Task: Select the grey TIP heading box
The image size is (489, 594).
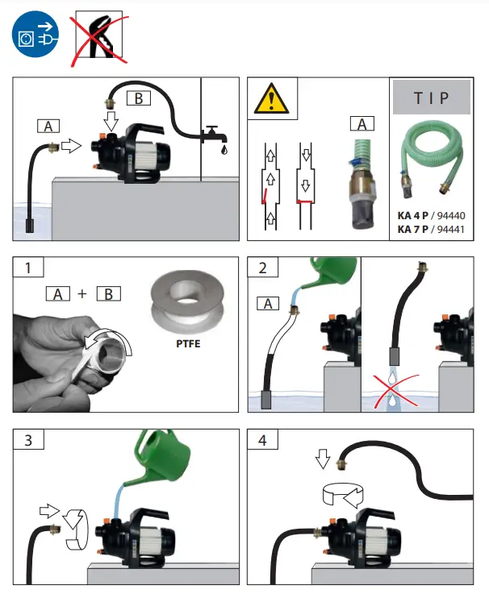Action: (x=432, y=98)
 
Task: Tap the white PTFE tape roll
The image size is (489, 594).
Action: (x=188, y=302)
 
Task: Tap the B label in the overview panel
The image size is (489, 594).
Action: (x=138, y=99)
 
